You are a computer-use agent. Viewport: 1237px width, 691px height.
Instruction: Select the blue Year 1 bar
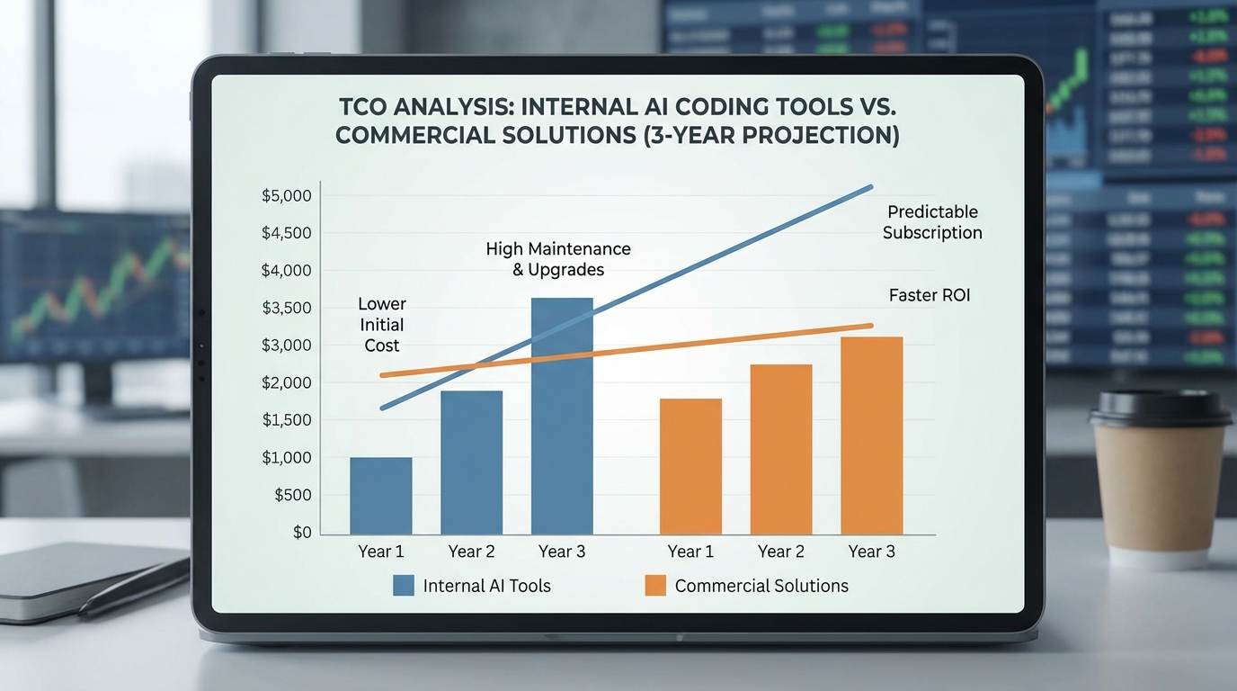click(380, 496)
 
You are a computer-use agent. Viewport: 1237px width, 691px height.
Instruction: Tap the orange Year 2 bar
click(781, 449)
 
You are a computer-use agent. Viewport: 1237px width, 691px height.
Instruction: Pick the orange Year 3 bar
click(871, 435)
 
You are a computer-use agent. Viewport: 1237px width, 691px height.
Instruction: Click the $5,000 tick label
click(286, 196)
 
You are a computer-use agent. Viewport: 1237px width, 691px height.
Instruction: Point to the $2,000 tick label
click(286, 383)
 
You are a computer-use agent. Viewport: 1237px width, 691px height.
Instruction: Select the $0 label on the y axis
click(302, 533)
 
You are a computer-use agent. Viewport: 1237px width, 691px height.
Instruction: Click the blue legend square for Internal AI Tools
click(404, 586)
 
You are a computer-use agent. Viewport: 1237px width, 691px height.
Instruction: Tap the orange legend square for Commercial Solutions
click(655, 586)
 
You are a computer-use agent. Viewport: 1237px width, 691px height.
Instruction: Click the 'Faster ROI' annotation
click(930, 295)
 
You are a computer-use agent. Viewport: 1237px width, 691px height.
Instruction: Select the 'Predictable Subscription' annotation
click(932, 222)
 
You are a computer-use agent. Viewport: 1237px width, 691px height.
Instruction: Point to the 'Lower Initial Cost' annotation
click(382, 325)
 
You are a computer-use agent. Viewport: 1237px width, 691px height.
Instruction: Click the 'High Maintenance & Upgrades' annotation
click(558, 259)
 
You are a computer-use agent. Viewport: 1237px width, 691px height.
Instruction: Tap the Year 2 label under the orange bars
click(781, 552)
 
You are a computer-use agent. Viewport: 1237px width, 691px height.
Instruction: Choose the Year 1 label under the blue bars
click(380, 552)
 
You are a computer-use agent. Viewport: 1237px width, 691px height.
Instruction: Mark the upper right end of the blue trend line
click(870, 187)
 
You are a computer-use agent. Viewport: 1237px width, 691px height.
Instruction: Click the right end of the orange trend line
click(870, 326)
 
